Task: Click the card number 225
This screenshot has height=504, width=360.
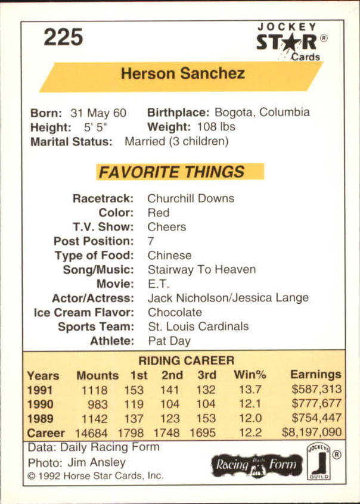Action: pyautogui.click(x=63, y=37)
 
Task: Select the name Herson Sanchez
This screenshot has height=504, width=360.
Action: pyautogui.click(x=182, y=74)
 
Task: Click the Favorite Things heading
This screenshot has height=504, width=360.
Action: pyautogui.click(x=172, y=172)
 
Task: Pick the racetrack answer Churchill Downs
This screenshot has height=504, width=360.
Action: pyautogui.click(x=191, y=198)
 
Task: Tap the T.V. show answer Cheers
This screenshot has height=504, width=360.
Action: pyautogui.click(x=167, y=227)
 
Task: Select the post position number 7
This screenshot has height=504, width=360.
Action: pyautogui.click(x=151, y=241)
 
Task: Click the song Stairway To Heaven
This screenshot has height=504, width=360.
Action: pyautogui.click(x=201, y=269)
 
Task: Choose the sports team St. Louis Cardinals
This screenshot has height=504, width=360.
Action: pyautogui.click(x=198, y=326)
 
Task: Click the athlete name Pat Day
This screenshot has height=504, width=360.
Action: pyautogui.click(x=169, y=341)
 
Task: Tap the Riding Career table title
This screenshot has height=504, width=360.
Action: pyautogui.click(x=186, y=360)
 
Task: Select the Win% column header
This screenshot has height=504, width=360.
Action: pyautogui.click(x=250, y=375)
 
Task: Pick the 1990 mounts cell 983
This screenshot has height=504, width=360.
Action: pyautogui.click(x=98, y=405)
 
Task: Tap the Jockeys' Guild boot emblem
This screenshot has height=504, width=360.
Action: pyautogui.click(x=318, y=462)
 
